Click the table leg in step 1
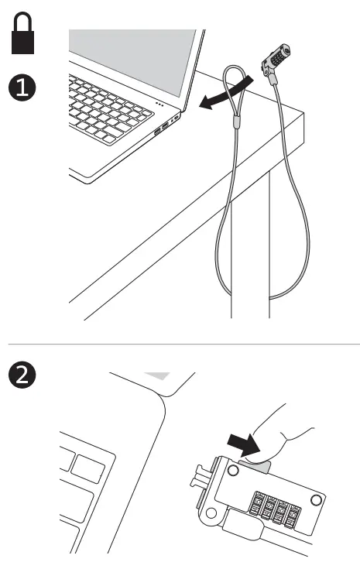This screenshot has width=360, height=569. point(251,255)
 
